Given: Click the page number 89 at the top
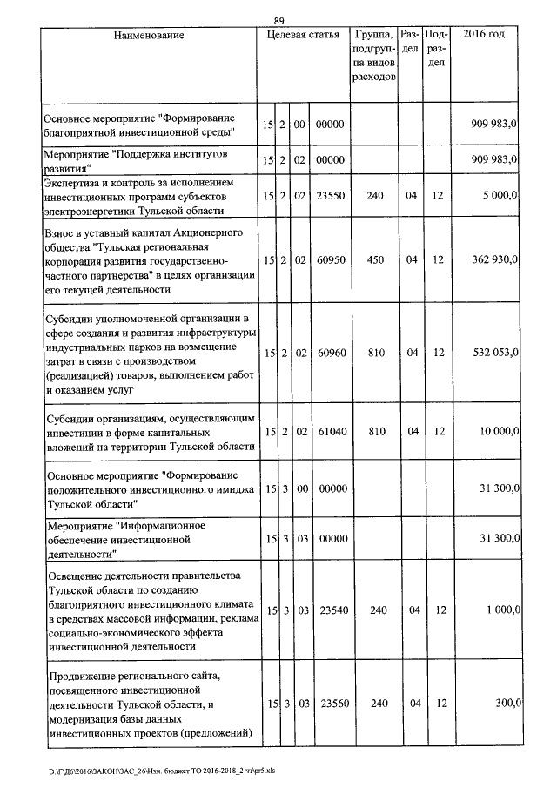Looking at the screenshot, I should pyautogui.click(x=278, y=21).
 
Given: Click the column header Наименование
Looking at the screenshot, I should pyautogui.click(x=149, y=35).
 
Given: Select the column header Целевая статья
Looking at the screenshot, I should pyautogui.click(x=303, y=35).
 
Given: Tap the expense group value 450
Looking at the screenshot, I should pyautogui.click(x=375, y=260).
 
